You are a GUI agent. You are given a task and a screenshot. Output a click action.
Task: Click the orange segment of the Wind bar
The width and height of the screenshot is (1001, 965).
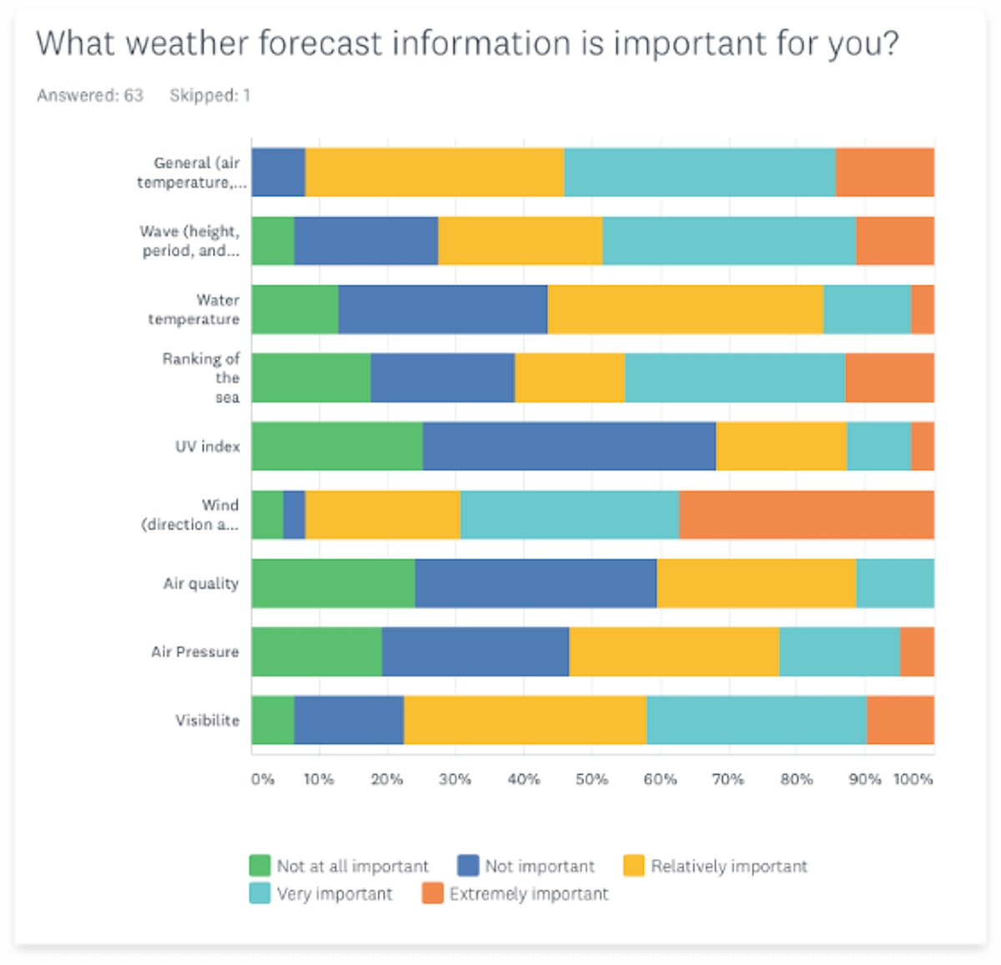pyautogui.click(x=806, y=515)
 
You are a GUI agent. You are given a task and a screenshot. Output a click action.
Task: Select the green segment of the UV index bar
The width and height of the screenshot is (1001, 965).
pyautogui.click(x=337, y=446)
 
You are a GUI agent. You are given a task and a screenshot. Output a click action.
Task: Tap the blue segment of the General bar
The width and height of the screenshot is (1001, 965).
pyautogui.click(x=279, y=173)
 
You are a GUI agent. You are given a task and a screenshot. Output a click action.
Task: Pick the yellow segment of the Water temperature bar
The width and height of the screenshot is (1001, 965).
pyautogui.click(x=685, y=309)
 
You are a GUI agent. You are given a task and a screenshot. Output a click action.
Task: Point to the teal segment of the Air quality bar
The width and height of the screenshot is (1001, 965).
pyautogui.click(x=894, y=583)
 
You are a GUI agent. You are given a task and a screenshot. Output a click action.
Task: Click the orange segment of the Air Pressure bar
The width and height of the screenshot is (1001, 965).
pyautogui.click(x=917, y=651)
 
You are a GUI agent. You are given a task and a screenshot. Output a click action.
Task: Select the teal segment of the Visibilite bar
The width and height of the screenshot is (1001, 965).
pyautogui.click(x=756, y=720)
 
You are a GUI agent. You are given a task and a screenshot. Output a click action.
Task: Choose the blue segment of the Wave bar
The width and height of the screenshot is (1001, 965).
pyautogui.click(x=365, y=241)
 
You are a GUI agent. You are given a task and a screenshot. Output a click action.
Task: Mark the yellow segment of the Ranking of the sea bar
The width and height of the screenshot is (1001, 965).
pyautogui.click(x=570, y=378)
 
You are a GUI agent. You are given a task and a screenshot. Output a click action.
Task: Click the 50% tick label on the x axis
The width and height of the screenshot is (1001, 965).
pyautogui.click(x=591, y=779)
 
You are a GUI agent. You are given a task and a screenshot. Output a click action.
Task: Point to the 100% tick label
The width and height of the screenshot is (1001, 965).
pyautogui.click(x=913, y=779)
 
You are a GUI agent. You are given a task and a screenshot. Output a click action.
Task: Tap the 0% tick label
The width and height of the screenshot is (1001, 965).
pyautogui.click(x=262, y=779)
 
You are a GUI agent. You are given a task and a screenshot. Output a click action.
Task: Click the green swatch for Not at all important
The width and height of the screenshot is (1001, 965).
pyautogui.click(x=260, y=866)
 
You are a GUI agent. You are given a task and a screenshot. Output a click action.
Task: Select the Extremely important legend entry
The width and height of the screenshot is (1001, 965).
pyautogui.click(x=529, y=894)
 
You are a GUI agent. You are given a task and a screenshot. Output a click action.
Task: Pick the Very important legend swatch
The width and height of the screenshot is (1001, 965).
pyautogui.click(x=260, y=893)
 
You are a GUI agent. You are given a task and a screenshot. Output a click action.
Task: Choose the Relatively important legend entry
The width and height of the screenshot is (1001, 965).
pyautogui.click(x=728, y=867)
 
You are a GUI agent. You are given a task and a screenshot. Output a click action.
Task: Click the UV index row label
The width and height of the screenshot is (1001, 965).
pyautogui.click(x=207, y=446)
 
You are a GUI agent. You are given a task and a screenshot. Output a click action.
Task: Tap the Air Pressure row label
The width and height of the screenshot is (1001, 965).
pyautogui.click(x=194, y=651)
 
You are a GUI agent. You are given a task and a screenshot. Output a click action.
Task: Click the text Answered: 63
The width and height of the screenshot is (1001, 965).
pyautogui.click(x=90, y=96)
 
